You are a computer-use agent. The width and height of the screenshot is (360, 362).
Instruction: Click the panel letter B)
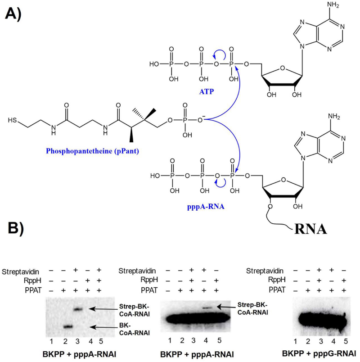(x=16, y=228)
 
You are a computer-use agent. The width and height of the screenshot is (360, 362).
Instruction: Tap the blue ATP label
(x=207, y=92)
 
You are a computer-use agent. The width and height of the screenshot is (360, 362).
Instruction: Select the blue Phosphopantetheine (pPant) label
(x=92, y=151)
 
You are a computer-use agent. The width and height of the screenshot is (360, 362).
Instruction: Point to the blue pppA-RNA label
(x=206, y=206)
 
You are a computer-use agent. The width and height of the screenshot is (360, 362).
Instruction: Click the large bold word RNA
(x=310, y=229)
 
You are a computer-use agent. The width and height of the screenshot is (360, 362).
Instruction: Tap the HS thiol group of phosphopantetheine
(x=13, y=120)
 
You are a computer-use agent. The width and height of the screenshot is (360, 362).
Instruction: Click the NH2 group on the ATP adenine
(x=333, y=5)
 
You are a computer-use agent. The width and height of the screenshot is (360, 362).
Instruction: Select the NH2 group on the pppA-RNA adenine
(x=334, y=117)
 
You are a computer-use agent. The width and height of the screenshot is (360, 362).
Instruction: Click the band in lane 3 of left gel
(x=77, y=309)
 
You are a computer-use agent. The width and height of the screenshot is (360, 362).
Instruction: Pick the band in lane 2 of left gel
(x=67, y=326)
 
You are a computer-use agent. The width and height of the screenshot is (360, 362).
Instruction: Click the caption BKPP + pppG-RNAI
(x=319, y=353)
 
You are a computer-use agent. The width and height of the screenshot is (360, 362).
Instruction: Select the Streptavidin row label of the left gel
(x=20, y=272)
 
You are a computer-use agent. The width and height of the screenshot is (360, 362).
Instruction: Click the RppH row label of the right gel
(x=277, y=280)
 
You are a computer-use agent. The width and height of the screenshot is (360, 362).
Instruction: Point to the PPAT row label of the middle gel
(x=149, y=290)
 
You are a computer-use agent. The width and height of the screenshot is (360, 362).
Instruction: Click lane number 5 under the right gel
(x=346, y=341)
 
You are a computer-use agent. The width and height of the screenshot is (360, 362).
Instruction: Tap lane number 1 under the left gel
(x=51, y=341)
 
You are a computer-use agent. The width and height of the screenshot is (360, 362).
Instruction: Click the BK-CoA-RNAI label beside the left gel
(x=134, y=329)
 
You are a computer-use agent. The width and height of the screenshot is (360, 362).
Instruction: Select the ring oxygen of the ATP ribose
(x=282, y=68)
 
